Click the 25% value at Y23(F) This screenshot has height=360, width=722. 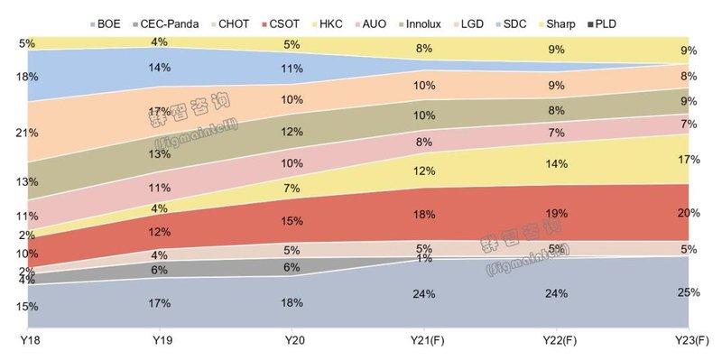coord(690,292)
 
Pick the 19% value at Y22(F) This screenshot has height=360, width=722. coord(555,214)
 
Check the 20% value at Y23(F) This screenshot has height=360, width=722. coord(690,213)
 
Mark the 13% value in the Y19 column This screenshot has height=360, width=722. coord(159,153)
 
